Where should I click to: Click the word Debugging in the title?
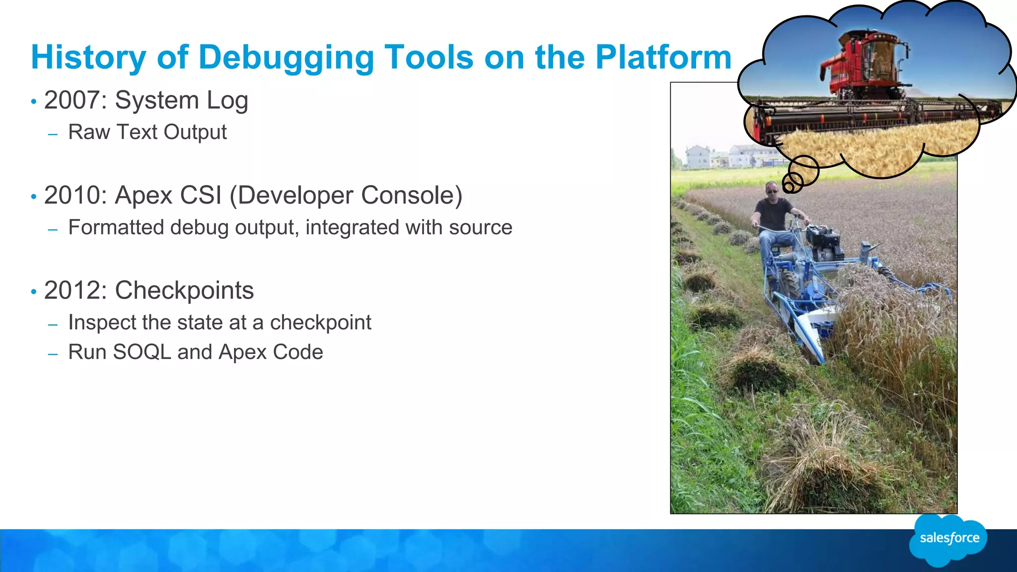[286, 58]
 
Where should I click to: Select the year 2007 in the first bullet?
[75, 100]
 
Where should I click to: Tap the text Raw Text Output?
[147, 132]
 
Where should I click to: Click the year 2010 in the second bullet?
[75, 195]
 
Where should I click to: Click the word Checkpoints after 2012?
[184, 290]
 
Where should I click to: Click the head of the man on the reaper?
[772, 189]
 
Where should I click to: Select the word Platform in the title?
[663, 58]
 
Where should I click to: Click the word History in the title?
[88, 58]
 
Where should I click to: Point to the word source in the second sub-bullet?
[480, 227]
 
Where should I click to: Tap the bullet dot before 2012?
[34, 291]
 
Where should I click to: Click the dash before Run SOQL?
[53, 354]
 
